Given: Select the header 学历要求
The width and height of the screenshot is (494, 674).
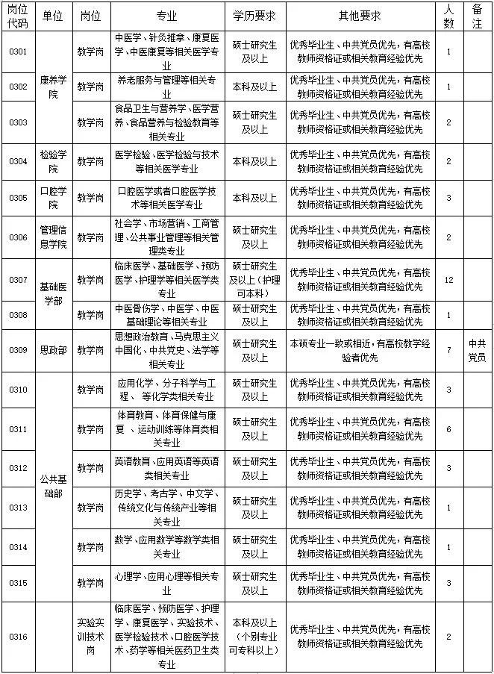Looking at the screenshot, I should coord(254,16).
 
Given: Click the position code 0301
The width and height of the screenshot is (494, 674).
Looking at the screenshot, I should coord(17,52).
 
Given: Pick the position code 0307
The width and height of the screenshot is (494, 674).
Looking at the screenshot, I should coord(17,280).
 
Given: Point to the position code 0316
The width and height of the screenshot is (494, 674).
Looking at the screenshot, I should coord(17,636).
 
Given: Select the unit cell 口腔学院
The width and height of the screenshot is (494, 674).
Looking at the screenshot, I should coord(53,198).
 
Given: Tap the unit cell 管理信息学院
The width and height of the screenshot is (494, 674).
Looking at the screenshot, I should coord(53,237).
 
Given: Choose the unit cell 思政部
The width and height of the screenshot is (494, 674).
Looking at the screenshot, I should coord(53,349).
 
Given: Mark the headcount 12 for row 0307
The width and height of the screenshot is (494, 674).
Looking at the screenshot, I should coord(448,280).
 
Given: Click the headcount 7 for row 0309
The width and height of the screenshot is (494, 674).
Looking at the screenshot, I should coord(448,349).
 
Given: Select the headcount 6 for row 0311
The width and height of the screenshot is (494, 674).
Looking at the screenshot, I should coord(448,429).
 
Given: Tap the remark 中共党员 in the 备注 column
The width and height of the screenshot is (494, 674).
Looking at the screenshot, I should coord(477,349).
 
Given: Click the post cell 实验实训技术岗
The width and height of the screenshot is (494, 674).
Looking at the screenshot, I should coord(90,636).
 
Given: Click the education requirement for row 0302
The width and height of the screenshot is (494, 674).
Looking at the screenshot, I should coord(254,87).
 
